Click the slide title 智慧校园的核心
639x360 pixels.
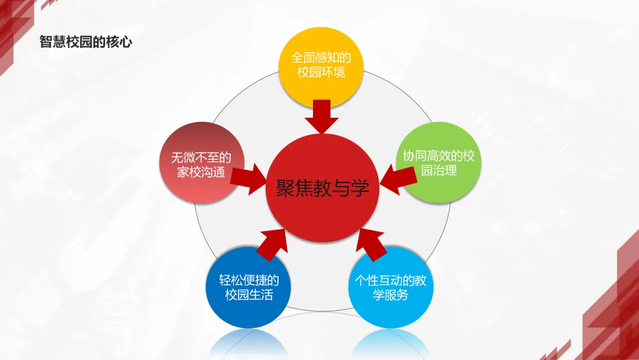(x=85, y=43)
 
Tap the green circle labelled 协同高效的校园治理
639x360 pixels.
(x=438, y=163)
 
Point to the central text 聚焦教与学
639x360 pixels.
(x=322, y=188)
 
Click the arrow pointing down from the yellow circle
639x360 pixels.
(x=321, y=117)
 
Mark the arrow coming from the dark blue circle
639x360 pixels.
(x=272, y=243)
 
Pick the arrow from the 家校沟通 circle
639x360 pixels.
(x=248, y=178)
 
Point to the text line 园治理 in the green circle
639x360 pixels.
(x=438, y=171)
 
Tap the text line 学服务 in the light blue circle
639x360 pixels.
(x=390, y=295)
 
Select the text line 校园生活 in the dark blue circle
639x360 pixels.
(x=249, y=295)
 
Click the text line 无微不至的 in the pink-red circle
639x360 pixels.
(x=200, y=157)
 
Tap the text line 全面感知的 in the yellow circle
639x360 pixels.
(x=321, y=57)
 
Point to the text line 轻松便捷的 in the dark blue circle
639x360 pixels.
(x=249, y=280)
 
